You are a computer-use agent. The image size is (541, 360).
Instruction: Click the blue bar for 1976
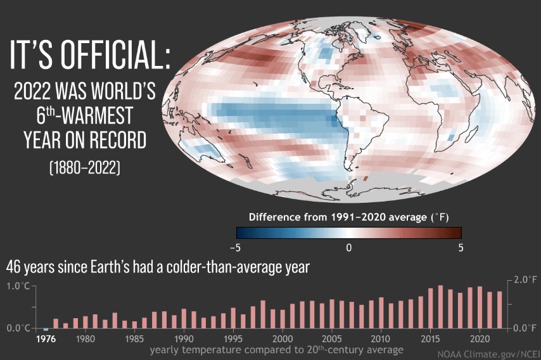point(46,330)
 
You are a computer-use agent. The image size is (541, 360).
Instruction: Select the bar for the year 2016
point(441,307)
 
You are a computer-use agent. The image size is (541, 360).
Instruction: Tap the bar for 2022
point(500,309)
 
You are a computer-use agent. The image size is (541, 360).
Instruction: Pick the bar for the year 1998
point(263,314)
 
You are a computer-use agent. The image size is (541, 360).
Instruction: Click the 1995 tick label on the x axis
point(233,338)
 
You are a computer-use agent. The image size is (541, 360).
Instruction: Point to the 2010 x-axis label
point(381,338)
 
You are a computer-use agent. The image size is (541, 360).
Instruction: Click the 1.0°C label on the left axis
point(18,286)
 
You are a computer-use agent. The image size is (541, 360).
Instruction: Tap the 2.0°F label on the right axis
point(525,280)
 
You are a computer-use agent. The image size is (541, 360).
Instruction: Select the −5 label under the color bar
point(235,248)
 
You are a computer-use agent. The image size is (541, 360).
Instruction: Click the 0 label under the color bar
point(349,248)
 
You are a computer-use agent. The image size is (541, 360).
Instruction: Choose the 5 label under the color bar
point(461,248)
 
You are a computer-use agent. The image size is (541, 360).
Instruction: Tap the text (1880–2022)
point(85,168)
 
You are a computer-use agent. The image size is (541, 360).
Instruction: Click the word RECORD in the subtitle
point(118,140)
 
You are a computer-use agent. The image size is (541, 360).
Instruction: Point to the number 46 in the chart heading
point(13,267)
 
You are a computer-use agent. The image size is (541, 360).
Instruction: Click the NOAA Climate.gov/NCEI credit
point(488,354)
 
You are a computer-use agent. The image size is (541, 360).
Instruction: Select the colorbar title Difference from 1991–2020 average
point(348,217)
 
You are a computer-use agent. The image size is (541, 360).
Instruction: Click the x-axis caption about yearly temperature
point(277,350)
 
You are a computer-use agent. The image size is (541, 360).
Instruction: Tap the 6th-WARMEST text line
point(85,115)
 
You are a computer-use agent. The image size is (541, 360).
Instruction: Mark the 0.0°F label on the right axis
point(525,328)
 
